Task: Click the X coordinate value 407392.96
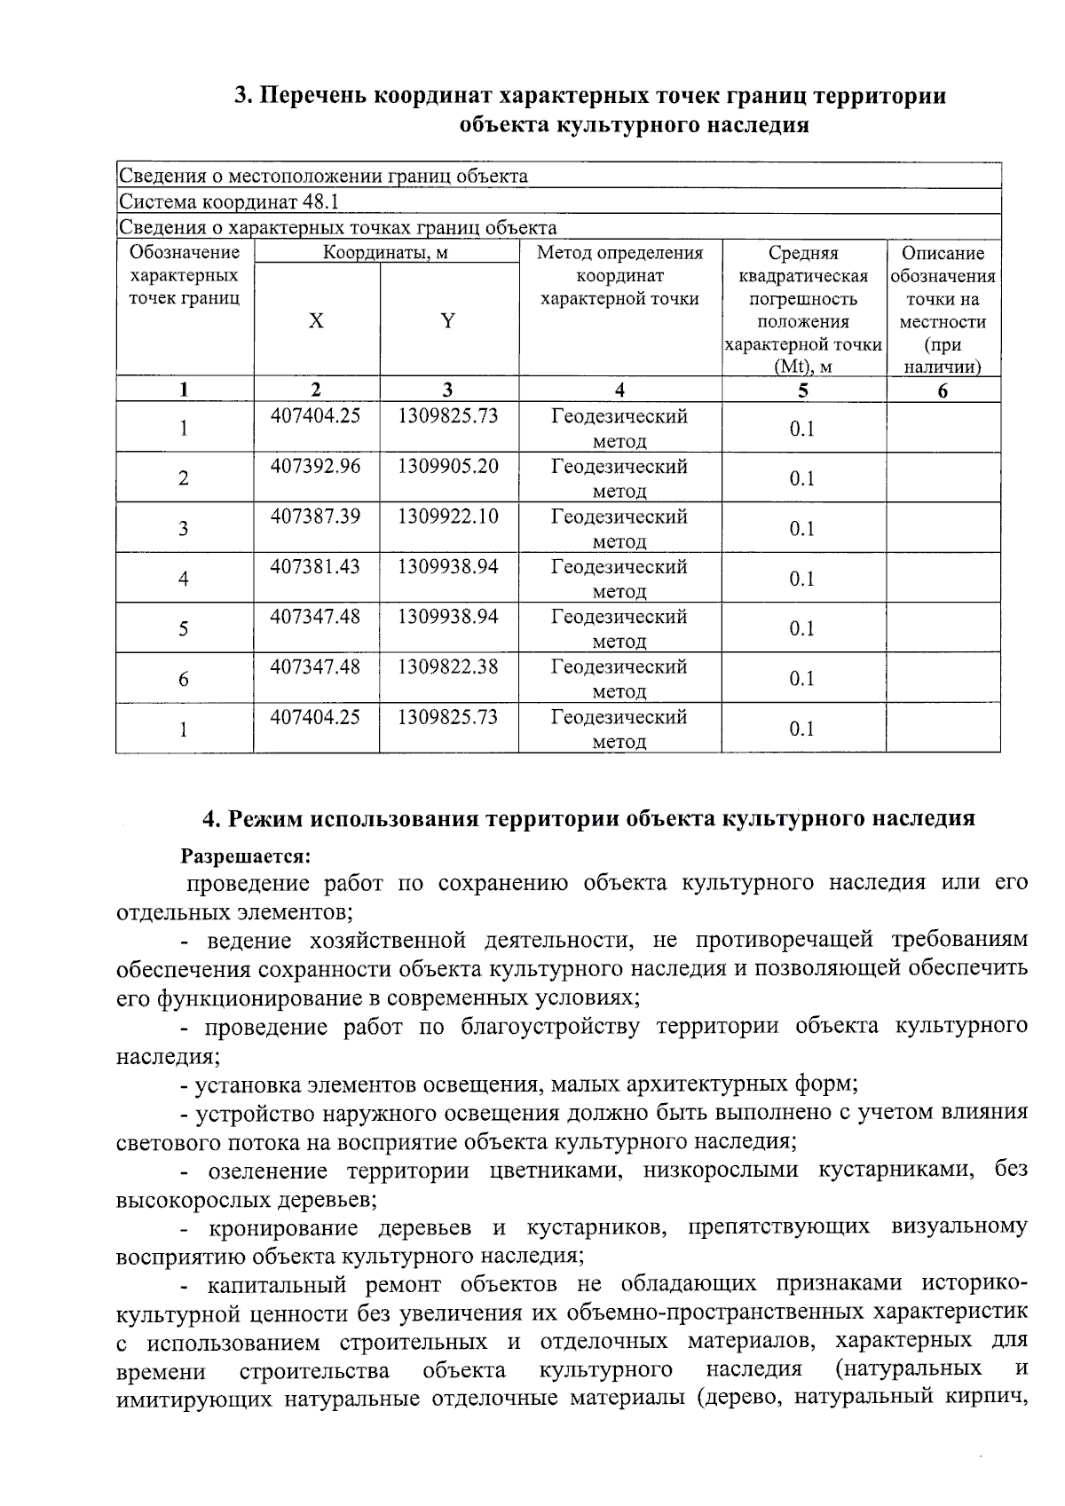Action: tap(315, 466)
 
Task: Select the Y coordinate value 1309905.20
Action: tap(447, 466)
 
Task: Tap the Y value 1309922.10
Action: tap(447, 516)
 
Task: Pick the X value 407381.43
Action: tap(315, 566)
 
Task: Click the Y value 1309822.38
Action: tap(447, 666)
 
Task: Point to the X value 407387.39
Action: tap(315, 516)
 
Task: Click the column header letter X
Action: tap(316, 321)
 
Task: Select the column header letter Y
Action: tap(448, 321)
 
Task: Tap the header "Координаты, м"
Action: tap(385, 253)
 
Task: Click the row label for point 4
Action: tap(184, 579)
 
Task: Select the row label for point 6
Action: tap(184, 679)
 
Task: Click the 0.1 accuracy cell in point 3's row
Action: tap(801, 529)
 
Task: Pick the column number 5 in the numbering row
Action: tap(803, 390)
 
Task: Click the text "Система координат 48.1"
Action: tap(229, 201)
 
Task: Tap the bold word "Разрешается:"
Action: tap(246, 856)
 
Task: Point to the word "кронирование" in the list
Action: tap(283, 1228)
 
